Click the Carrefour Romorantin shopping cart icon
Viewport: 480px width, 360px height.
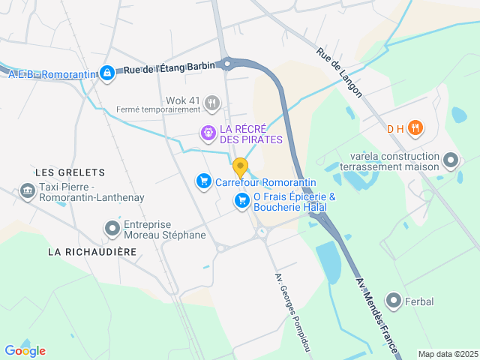pos(202,181)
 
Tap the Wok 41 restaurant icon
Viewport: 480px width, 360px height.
pos(213,102)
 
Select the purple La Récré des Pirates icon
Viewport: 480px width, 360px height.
pos(208,133)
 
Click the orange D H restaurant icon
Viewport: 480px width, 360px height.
pos(416,128)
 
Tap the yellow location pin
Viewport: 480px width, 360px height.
pos(240,167)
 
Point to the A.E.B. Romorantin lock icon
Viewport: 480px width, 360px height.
pos(107,73)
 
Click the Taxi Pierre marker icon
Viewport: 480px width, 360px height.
pos(27,192)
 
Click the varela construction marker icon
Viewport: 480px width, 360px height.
pos(451,160)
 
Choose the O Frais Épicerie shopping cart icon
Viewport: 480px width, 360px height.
pos(241,200)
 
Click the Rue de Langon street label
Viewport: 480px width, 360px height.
pos(340,73)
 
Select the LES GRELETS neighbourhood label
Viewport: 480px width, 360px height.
pos(70,172)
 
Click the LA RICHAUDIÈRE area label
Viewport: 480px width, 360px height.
pos(92,252)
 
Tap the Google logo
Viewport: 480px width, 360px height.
pos(25,351)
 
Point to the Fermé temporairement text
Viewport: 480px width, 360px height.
pos(158,109)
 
